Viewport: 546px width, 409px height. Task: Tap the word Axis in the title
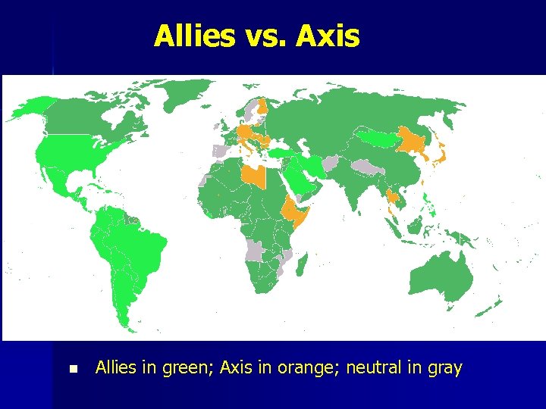pyautogui.click(x=328, y=36)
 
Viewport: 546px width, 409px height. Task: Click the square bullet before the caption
pyautogui.click(x=73, y=369)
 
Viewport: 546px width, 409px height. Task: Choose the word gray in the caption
pyautogui.click(x=444, y=369)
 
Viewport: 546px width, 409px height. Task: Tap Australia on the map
pyautogui.click(x=440, y=276)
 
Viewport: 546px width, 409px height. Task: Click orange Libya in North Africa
pyautogui.click(x=253, y=176)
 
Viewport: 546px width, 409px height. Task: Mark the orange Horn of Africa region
pyautogui.click(x=295, y=212)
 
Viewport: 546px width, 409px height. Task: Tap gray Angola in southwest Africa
pyautogui.click(x=258, y=251)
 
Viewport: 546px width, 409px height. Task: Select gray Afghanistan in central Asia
pyautogui.click(x=331, y=163)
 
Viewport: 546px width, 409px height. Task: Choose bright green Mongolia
pyautogui.click(x=382, y=137)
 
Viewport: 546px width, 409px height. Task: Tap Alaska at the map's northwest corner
pyautogui.click(x=30, y=110)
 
